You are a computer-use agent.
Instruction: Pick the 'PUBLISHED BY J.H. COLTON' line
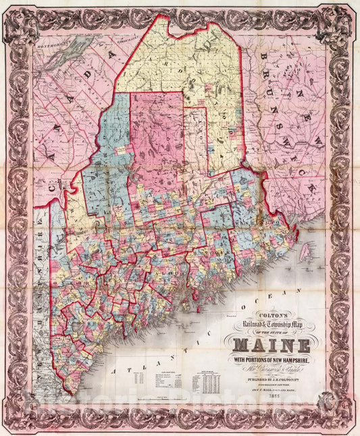click(271, 379)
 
